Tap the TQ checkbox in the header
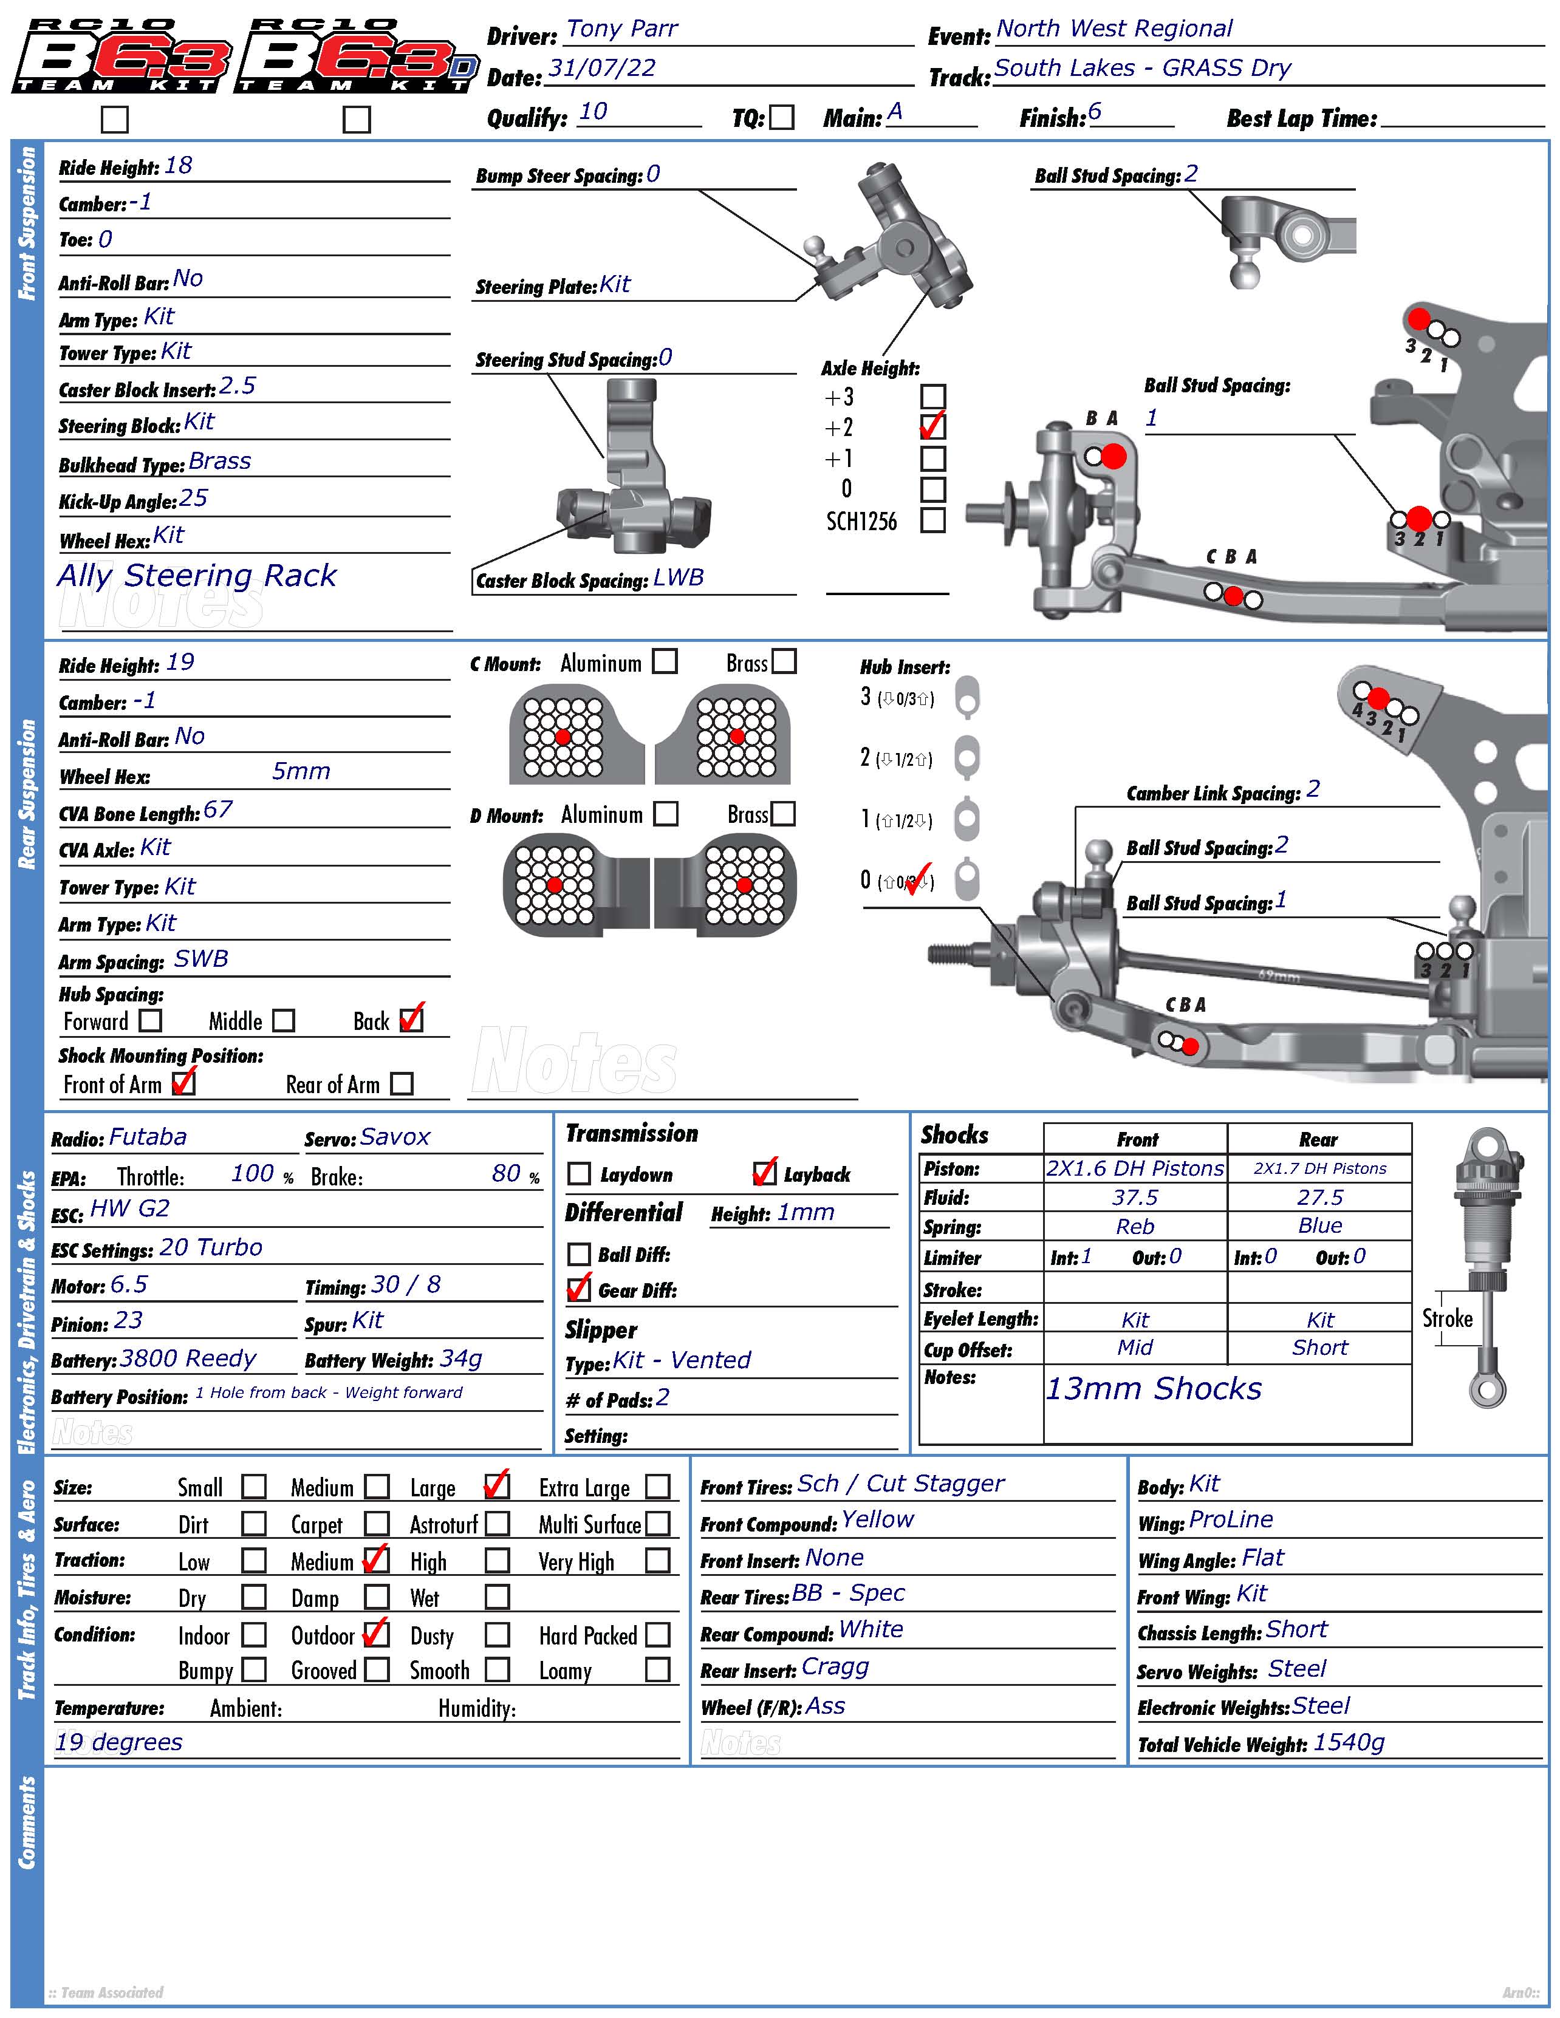782,117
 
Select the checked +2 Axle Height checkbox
932,427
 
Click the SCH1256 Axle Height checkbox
932,520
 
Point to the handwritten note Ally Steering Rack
197,576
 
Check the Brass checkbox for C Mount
784,661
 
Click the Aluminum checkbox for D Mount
665,813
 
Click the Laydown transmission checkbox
578,1173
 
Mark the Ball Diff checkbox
578,1254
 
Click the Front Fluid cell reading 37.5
1134,1198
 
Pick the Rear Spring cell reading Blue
1319,1226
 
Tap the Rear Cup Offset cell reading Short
1319,1348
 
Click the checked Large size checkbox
496,1486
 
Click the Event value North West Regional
1114,30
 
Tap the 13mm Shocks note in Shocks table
1152,1389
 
